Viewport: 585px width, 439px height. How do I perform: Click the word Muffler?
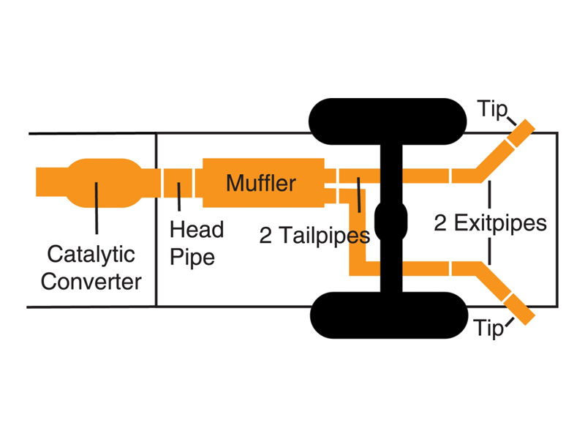click(261, 183)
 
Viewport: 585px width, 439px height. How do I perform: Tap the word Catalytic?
click(91, 255)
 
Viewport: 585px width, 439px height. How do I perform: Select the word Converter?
click(91, 282)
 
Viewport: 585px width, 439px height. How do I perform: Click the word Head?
click(197, 229)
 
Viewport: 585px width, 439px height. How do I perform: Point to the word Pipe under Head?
click(192, 258)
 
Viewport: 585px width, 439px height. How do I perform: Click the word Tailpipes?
click(325, 236)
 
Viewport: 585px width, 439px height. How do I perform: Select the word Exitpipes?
click(500, 224)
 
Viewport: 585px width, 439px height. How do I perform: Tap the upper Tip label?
click(492, 110)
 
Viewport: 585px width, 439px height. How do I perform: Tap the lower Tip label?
click(488, 329)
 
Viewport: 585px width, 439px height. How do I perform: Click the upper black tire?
click(388, 121)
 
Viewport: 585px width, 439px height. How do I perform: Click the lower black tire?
click(389, 315)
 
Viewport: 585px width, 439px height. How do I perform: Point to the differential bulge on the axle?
click(390, 221)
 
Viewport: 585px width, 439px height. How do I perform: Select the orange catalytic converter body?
click(105, 183)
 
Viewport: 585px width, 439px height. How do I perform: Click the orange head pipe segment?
click(178, 183)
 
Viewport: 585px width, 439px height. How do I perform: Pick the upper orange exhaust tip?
click(521, 133)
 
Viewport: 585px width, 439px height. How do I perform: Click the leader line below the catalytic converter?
click(97, 208)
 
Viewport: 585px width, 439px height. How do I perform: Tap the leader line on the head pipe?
click(179, 197)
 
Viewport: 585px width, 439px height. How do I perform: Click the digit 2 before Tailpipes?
click(265, 236)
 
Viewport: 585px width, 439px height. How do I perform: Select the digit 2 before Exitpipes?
click(440, 223)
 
